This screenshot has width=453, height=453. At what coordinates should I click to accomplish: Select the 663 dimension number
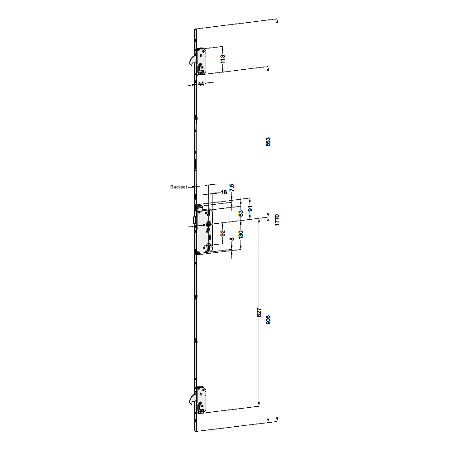tap(268, 142)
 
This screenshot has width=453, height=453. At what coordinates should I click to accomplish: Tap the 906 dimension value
tap(268, 321)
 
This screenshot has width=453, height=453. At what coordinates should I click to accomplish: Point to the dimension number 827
tap(259, 313)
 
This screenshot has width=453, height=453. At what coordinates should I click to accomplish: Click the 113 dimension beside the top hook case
tap(222, 59)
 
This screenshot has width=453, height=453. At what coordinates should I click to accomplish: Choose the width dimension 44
tap(201, 84)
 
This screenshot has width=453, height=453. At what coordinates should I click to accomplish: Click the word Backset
tap(178, 187)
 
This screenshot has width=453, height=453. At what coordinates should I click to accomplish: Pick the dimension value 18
tap(223, 192)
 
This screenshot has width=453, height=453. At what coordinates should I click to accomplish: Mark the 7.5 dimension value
tap(232, 188)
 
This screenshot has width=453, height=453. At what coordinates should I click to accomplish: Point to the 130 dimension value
tap(241, 234)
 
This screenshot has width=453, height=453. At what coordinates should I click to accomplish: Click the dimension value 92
tap(222, 234)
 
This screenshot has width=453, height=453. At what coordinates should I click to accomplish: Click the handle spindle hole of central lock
tap(207, 225)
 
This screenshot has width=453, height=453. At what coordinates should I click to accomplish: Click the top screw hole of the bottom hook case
tap(201, 391)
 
